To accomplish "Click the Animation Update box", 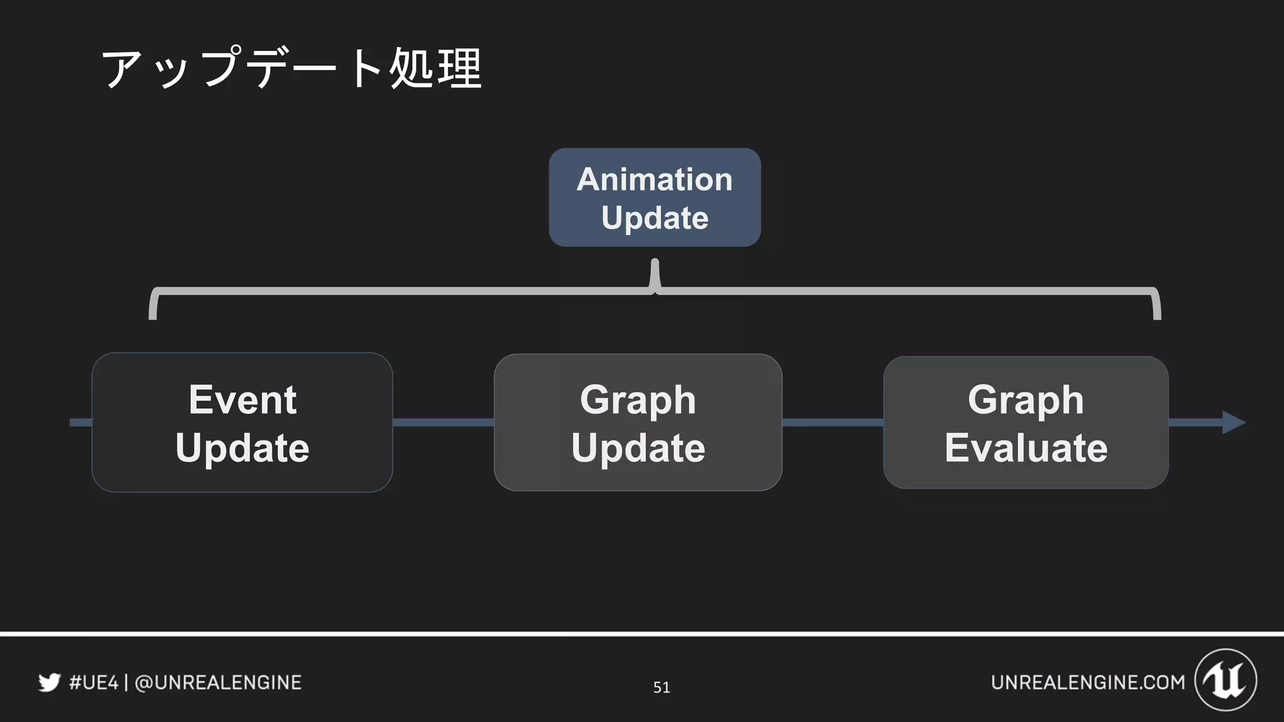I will click(655, 197).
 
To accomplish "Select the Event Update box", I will click(242, 422).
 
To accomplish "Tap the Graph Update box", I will click(638, 422).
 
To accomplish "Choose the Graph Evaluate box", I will click(1026, 422).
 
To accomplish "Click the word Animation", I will click(655, 179).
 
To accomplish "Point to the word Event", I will click(242, 400).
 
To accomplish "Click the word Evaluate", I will click(1026, 447).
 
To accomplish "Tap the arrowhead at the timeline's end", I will click(1233, 422).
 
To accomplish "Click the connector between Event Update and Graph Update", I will click(443, 422).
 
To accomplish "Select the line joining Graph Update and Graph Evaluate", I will click(833, 422).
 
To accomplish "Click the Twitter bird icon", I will click(49, 682).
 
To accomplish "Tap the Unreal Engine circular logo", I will click(1226, 680).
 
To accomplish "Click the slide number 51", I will click(661, 688).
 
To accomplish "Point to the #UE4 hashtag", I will click(93, 682).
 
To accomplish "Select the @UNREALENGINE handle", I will click(218, 682).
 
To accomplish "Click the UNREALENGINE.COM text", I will click(1088, 682).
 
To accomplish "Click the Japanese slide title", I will click(291, 68).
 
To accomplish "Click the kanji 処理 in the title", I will click(435, 68).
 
